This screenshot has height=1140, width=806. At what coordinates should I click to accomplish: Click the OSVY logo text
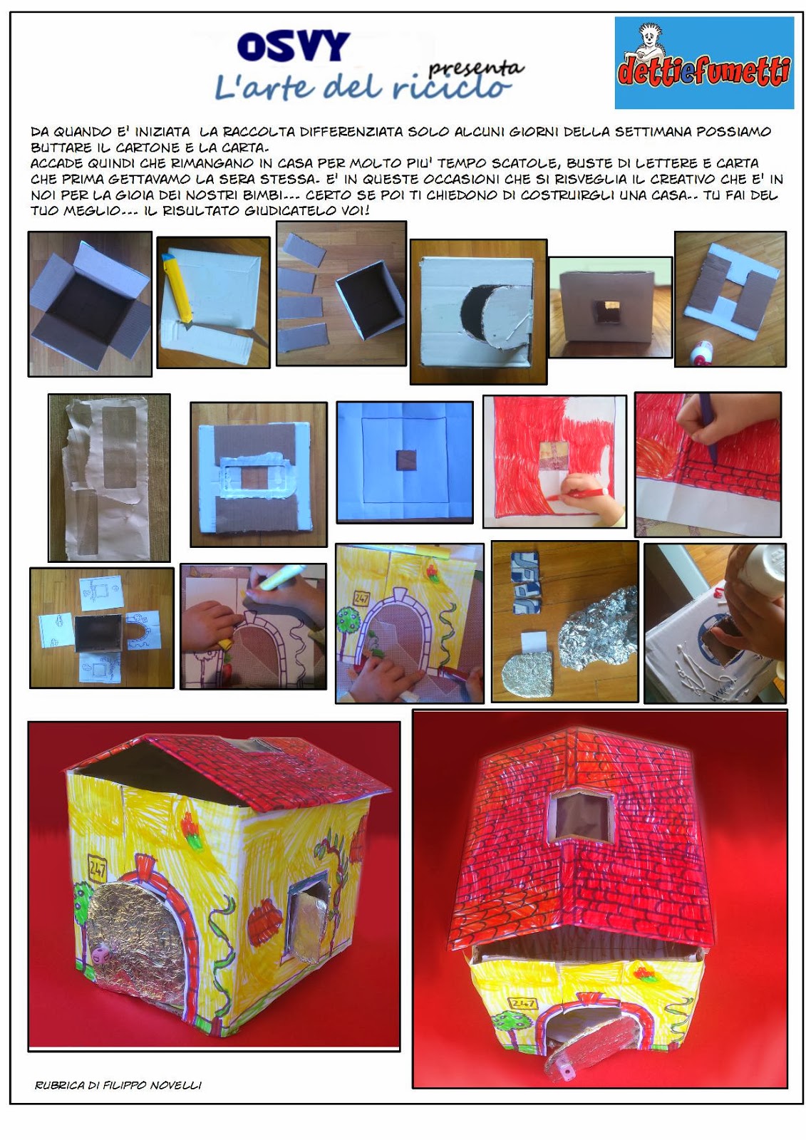coord(294,46)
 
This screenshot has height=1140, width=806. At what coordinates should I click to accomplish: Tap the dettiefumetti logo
coord(704,63)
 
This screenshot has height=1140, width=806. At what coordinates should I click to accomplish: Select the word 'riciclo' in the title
coord(451,87)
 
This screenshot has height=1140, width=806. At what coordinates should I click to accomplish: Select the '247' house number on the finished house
coord(97,869)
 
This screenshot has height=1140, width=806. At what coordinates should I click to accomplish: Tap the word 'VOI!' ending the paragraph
coord(356,211)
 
